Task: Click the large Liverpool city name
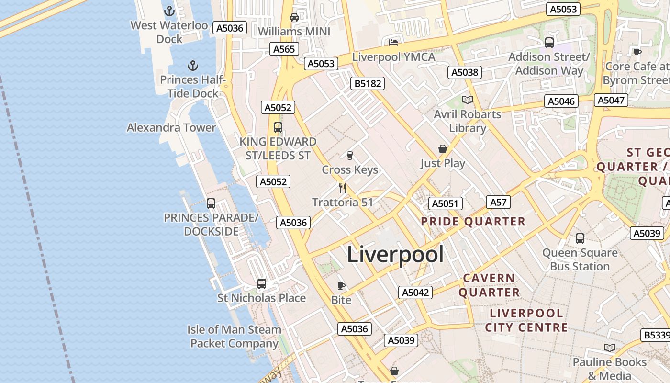pos(395,254)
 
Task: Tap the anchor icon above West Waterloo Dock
pos(169,11)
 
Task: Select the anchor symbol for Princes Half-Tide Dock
pos(192,65)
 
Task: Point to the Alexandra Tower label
pos(171,127)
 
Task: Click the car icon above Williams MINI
pos(294,17)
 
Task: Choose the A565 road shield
pos(284,49)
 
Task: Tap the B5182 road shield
pos(368,83)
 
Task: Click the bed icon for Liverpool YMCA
pos(393,43)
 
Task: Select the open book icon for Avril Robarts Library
pos(467,100)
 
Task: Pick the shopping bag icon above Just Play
pos(443,149)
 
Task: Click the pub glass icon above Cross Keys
pos(350,156)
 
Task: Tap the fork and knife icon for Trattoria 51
pos(343,188)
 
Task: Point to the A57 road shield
pos(498,202)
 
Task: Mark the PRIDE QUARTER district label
pos(473,222)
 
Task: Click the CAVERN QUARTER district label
pos(489,285)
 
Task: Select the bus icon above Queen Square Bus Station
pos(580,238)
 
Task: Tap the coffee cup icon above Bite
pos(341,286)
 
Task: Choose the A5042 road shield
pos(415,293)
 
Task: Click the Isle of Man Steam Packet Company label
pos(234,337)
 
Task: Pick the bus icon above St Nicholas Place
pos(262,284)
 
